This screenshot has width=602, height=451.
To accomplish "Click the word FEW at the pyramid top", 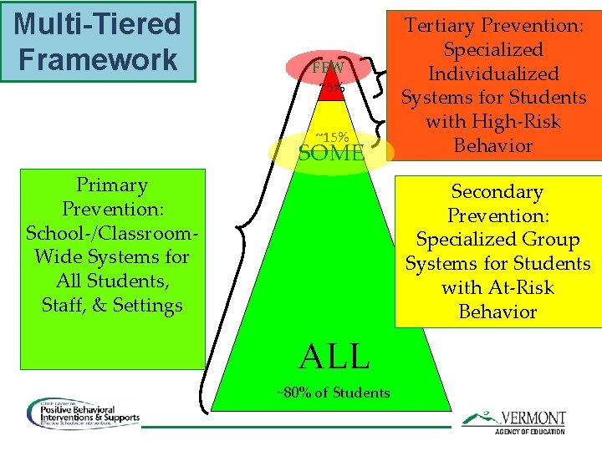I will [x=329, y=68].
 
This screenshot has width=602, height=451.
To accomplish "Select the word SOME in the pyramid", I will [x=331, y=153].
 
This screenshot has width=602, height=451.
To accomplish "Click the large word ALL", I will [x=334, y=357].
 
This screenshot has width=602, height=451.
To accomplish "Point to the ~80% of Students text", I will [x=333, y=393].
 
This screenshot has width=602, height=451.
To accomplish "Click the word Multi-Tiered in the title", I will [x=97, y=23].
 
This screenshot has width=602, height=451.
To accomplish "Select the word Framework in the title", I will [x=97, y=58].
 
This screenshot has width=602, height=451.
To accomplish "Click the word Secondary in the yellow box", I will [x=497, y=192].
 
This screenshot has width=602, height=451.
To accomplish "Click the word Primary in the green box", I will [x=111, y=185].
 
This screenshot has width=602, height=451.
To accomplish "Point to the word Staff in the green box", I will [x=64, y=305].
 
